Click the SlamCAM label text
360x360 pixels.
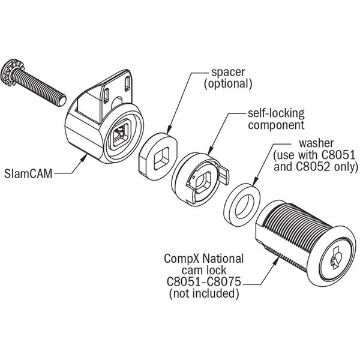[28, 173]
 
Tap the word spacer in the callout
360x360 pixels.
[228, 72]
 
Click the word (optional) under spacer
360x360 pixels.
[228, 83]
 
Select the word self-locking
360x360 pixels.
[276, 113]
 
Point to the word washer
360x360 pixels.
[316, 143]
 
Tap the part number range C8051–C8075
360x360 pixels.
[204, 281]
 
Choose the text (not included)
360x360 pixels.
[204, 293]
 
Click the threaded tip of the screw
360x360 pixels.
[61, 101]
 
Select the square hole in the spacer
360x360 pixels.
[161, 158]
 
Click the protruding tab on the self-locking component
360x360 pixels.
[224, 175]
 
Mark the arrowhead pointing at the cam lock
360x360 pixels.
[276, 260]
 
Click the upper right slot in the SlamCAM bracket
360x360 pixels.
[127, 84]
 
